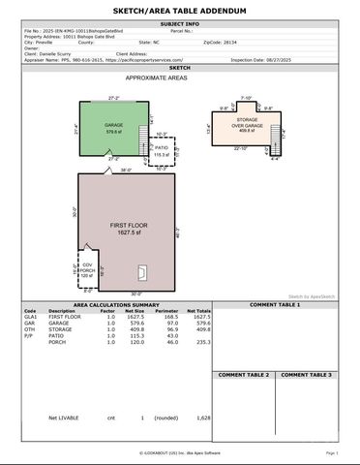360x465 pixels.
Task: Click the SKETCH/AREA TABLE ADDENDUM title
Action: click(180, 10)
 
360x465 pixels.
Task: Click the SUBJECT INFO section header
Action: click(180, 23)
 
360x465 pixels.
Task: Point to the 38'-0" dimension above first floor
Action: click(125, 170)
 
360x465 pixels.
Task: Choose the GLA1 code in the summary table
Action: click(30, 317)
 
